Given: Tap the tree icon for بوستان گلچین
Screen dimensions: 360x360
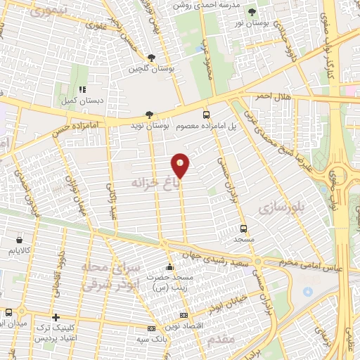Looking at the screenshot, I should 152,58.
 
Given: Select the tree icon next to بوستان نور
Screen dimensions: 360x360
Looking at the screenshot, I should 252,11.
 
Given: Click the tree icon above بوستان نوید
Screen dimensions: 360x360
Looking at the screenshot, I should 148,114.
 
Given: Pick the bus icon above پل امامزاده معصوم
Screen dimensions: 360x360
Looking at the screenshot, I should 206,114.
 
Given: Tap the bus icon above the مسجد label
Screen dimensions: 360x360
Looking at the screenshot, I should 243,229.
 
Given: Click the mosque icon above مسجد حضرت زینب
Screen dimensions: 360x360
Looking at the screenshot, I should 169,267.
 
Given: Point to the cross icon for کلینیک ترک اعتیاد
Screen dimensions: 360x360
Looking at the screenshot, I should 56,317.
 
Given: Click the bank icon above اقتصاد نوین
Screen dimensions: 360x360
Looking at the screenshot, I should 184,316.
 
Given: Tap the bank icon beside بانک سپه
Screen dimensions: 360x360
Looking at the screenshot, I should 151,328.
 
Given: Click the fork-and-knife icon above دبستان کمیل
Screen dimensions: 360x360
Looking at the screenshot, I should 82,89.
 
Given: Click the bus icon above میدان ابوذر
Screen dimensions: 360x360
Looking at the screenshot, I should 8,312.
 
